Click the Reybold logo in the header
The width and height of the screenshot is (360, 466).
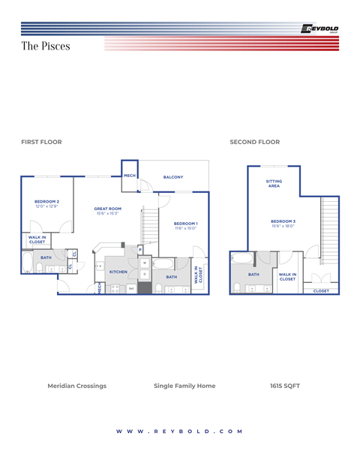tap(319, 29)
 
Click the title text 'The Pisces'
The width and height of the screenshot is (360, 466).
tap(46, 47)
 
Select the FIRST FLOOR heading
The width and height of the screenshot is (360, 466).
tap(41, 142)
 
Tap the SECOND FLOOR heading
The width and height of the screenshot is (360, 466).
tap(254, 142)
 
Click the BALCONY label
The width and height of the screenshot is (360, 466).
tap(173, 177)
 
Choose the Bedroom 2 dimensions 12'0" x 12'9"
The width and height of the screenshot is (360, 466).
tap(46, 206)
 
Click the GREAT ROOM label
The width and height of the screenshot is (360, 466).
tap(108, 209)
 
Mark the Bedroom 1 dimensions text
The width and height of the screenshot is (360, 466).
tap(185, 228)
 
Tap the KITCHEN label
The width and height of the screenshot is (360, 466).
tap(118, 272)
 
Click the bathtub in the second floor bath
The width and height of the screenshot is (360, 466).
tap(243, 259)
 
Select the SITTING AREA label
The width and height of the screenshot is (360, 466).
tap(274, 183)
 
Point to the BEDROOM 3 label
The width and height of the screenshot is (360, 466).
tap(283, 221)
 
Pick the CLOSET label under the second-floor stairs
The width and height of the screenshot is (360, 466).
tap(321, 290)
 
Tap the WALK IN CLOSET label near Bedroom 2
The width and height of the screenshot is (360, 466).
tap(37, 240)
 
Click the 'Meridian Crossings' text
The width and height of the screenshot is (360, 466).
tap(76, 386)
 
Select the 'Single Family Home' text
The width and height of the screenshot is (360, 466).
tap(184, 386)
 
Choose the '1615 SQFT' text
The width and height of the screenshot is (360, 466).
tap(284, 386)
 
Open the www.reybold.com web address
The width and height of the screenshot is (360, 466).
tap(180, 431)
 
